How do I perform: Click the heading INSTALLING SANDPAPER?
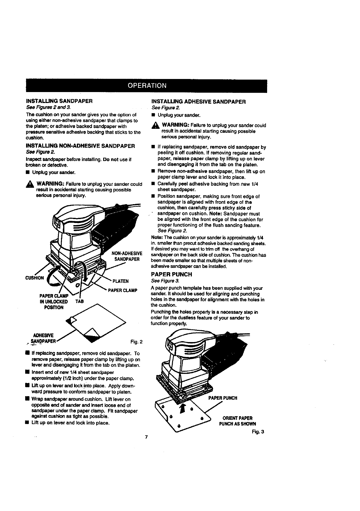[x=59, y=101]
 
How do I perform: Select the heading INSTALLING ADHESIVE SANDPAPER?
[x=198, y=101]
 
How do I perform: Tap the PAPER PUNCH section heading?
[x=172, y=274]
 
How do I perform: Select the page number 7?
[x=146, y=437]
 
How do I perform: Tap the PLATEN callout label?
[x=121, y=281]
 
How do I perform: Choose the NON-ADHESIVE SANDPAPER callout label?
[x=127, y=256]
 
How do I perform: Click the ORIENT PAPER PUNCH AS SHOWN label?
[x=237, y=421]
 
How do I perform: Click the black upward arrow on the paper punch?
[x=182, y=409]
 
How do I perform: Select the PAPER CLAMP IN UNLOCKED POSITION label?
[x=53, y=302]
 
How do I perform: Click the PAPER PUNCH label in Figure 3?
[x=222, y=398]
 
